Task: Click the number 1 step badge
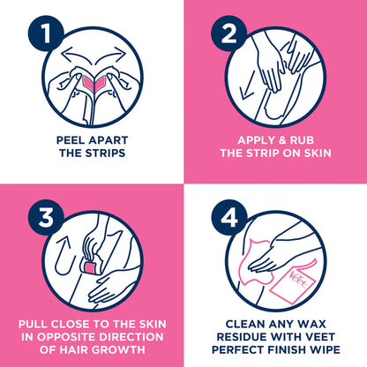46,34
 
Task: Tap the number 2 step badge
229,34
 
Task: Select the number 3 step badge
46,217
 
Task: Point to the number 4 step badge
229,217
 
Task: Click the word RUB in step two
302,140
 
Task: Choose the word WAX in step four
311,324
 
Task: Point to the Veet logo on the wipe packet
299,280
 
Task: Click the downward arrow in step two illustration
247,89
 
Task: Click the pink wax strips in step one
93,82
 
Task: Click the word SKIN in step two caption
318,154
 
